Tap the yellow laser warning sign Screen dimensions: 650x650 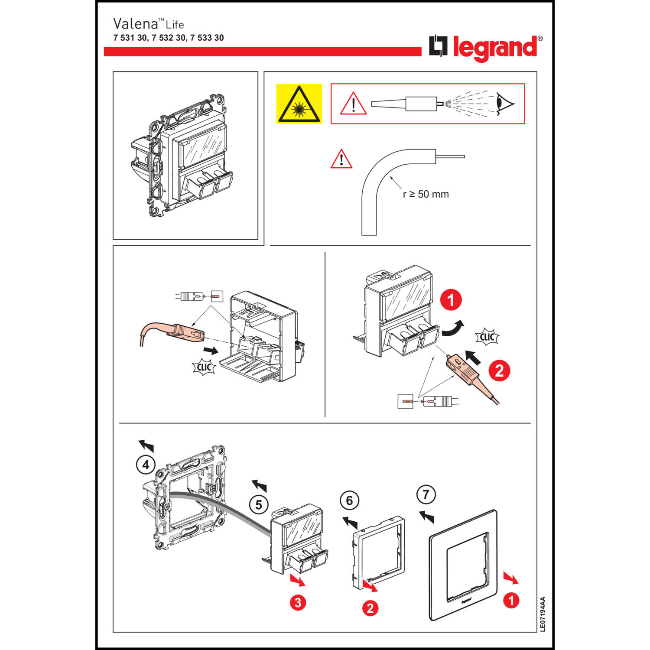click(x=299, y=104)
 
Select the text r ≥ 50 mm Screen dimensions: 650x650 click(x=426, y=194)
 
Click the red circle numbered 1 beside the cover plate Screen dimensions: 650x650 click(x=511, y=600)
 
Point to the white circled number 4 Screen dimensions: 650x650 click(x=146, y=465)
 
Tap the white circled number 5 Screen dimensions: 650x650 click(x=259, y=505)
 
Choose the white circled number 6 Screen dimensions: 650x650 click(x=349, y=500)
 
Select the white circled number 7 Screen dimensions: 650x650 click(x=426, y=494)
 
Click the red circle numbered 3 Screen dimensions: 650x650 click(x=298, y=602)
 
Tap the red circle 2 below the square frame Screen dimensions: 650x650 click(x=370, y=608)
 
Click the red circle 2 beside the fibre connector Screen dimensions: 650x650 click(x=499, y=371)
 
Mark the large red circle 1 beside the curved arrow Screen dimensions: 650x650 click(x=451, y=300)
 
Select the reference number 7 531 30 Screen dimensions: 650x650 click(x=130, y=38)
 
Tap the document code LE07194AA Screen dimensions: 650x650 click(x=543, y=614)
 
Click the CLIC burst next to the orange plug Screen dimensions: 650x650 click(x=204, y=367)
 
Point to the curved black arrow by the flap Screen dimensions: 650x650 click(x=453, y=329)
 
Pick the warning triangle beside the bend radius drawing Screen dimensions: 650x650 click(x=341, y=159)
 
